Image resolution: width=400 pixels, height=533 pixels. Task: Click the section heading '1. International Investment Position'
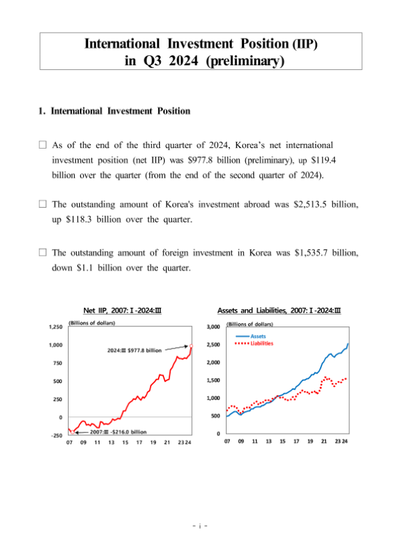tap(115, 111)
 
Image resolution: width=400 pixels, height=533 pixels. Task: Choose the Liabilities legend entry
tap(259, 344)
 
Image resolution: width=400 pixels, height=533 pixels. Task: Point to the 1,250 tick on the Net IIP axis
tap(55, 327)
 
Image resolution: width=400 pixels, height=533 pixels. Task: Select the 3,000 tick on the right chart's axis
tap(213, 327)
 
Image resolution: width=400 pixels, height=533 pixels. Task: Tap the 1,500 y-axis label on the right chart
tap(213, 380)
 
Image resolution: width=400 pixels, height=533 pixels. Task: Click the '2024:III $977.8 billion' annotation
tap(135, 350)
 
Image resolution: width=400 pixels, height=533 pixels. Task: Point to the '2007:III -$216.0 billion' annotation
tap(117, 432)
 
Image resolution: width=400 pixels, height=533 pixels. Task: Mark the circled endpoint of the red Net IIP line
tap(191, 345)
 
